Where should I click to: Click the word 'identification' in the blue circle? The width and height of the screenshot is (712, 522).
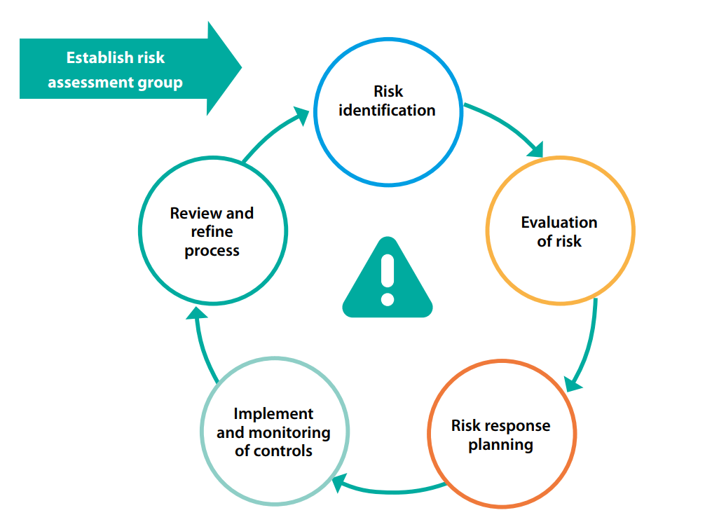387,110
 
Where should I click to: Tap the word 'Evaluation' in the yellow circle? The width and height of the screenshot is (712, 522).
559,222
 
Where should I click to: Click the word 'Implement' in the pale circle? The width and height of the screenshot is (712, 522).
273,414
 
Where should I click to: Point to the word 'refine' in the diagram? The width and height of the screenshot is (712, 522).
212,231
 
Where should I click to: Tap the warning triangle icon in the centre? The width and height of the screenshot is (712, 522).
388,277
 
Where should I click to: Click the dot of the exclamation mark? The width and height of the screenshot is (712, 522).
388,299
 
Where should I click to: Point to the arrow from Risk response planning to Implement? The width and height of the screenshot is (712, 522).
390,490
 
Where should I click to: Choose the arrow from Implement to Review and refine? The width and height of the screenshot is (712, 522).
201,345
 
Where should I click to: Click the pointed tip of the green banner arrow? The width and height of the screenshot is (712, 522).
242,68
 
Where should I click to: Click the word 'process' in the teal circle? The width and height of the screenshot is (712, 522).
212,251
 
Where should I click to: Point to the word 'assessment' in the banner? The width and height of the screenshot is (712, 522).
91,83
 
